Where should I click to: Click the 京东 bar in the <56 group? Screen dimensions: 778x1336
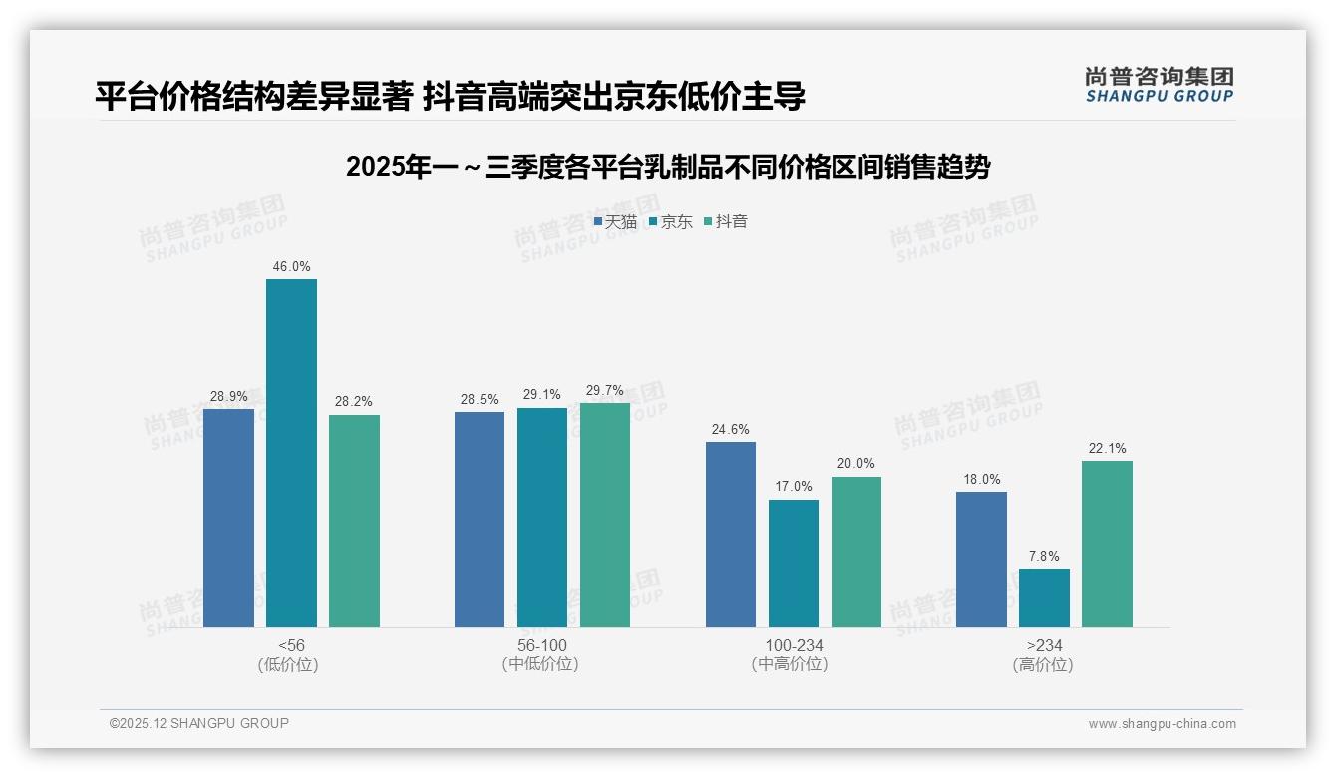coord(291,453)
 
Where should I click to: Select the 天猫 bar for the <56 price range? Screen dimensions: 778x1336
coord(228,518)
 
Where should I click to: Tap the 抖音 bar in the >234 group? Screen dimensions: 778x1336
coord(1107,544)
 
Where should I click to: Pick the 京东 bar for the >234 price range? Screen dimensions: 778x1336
coord(1044,597)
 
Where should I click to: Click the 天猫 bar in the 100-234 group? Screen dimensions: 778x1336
coord(731,535)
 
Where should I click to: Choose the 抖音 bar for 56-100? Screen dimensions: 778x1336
coord(605,515)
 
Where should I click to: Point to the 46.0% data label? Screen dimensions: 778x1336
coord(291,267)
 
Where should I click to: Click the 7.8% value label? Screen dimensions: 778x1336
coord(1044,557)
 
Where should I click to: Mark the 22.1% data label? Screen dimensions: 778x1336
coord(1107,449)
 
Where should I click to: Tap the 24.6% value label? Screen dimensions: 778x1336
coord(731,430)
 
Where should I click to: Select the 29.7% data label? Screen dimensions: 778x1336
coord(605,391)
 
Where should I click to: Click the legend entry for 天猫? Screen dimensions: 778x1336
coord(615,222)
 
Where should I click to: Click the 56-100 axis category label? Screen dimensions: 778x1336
coord(542,646)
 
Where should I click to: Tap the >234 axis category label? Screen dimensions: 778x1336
coord(1044,646)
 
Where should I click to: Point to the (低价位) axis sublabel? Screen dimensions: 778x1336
coord(288,665)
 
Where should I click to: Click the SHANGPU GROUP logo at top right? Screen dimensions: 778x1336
coord(1159,85)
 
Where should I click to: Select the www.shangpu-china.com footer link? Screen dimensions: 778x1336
coord(1162,724)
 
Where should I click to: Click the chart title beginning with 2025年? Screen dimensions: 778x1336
coord(667,167)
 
